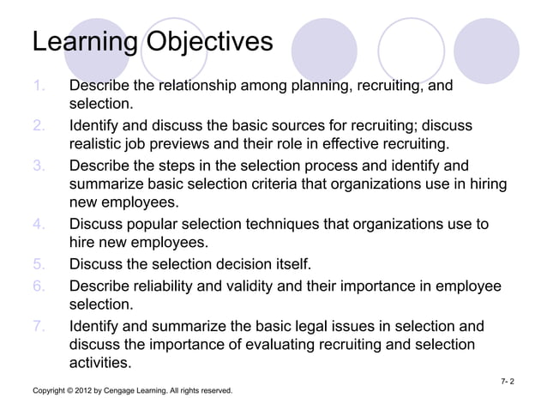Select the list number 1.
click(x=39, y=87)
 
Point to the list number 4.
click(x=39, y=225)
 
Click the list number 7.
click(x=39, y=326)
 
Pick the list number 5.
click(x=39, y=262)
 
